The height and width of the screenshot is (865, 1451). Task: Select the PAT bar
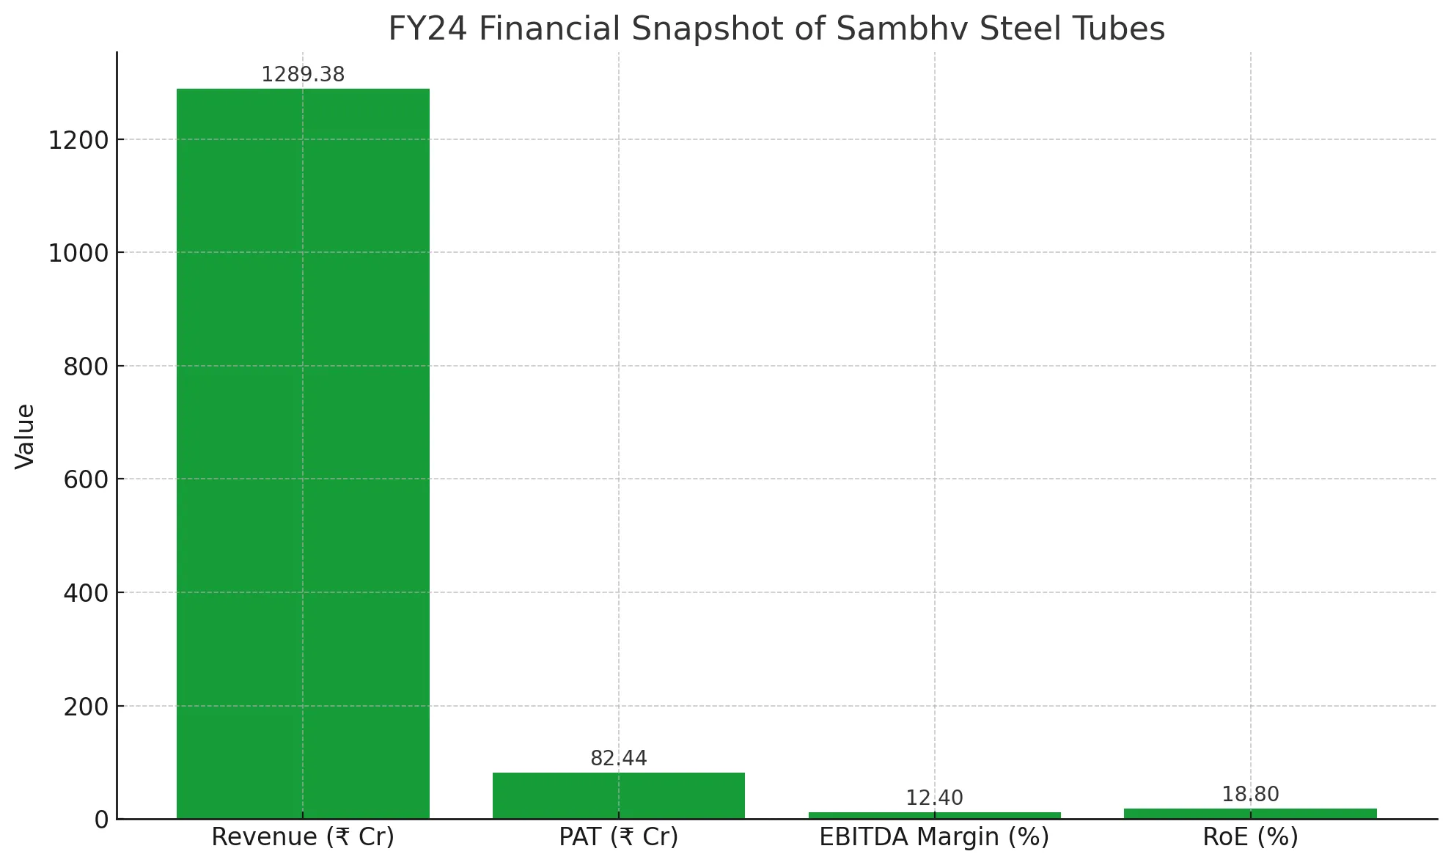pos(618,795)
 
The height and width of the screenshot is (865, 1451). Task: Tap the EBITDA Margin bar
pos(934,815)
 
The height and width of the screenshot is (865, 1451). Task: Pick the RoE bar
pos(1250,814)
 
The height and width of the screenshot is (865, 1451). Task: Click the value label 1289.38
pos(303,75)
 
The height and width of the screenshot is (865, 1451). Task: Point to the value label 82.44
pos(618,759)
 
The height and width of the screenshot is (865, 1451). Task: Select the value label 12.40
pos(934,798)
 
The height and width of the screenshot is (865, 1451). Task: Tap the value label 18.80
pos(1250,795)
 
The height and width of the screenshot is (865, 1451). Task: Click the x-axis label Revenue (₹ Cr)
pos(303,837)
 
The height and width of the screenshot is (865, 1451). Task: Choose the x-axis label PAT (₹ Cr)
pos(618,837)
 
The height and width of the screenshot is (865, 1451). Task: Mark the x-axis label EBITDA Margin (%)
pos(934,837)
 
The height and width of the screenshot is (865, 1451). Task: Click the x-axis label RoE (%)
pos(1250,837)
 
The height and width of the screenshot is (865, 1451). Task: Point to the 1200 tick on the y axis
pos(78,140)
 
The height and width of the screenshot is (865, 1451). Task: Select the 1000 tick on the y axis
pos(78,253)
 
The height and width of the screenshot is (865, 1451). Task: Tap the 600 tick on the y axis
pos(86,479)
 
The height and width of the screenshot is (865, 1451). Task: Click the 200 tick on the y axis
pos(86,707)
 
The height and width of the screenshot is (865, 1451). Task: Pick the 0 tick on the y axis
pos(101,820)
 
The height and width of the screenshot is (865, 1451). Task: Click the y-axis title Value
pos(25,436)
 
